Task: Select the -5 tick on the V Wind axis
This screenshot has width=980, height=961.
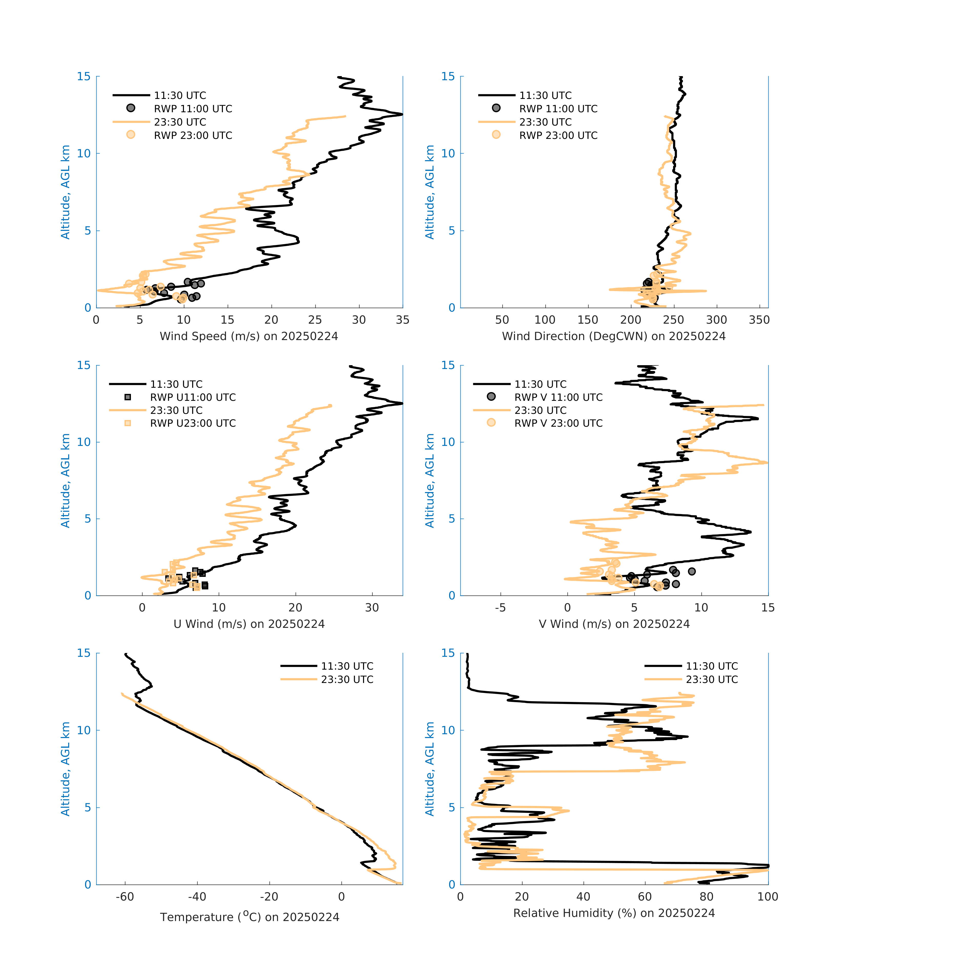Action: [x=500, y=608]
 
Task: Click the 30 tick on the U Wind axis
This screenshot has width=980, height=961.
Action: [x=372, y=608]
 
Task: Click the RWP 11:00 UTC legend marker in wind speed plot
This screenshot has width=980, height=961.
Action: [x=131, y=108]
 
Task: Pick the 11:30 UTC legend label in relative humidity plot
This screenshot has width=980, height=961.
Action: [x=711, y=666]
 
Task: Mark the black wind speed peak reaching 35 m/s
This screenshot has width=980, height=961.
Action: [x=402, y=114]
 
